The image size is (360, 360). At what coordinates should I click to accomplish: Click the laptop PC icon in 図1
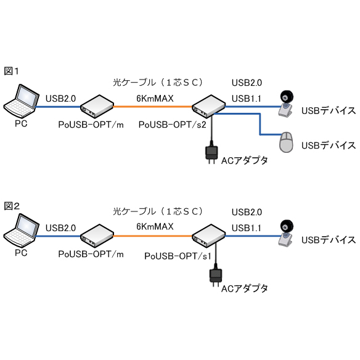pyautogui.click(x=21, y=102)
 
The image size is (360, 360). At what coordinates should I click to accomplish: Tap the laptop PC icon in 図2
pyautogui.click(x=21, y=231)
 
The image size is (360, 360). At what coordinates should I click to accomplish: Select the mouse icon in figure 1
pyautogui.click(x=286, y=142)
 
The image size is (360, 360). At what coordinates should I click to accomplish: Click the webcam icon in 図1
pyautogui.click(x=286, y=104)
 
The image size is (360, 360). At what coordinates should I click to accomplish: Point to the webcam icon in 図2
pyautogui.click(x=286, y=233)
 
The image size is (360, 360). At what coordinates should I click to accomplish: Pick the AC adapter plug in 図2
pyautogui.click(x=216, y=276)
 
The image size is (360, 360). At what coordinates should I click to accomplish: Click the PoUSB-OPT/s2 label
pyautogui.click(x=172, y=125)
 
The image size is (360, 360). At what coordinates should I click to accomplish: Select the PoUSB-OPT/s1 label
pyautogui.click(x=178, y=256)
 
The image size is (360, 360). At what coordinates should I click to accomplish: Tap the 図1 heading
pyautogui.click(x=11, y=71)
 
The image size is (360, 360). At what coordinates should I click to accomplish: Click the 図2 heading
pyautogui.click(x=12, y=206)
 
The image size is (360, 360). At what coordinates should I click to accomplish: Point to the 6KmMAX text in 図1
pyautogui.click(x=155, y=99)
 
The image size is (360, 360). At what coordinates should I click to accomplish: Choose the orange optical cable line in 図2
pyautogui.click(x=153, y=236)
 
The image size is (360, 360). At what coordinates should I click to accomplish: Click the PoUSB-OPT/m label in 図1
pyautogui.click(x=91, y=125)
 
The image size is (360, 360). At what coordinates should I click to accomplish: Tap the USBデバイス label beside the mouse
pyautogui.click(x=329, y=145)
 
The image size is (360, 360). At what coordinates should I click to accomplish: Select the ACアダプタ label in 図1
pyautogui.click(x=244, y=160)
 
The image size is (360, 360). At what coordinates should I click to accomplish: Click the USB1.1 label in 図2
pyautogui.click(x=247, y=228)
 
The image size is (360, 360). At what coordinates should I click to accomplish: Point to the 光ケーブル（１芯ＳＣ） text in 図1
pyautogui.click(x=158, y=83)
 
